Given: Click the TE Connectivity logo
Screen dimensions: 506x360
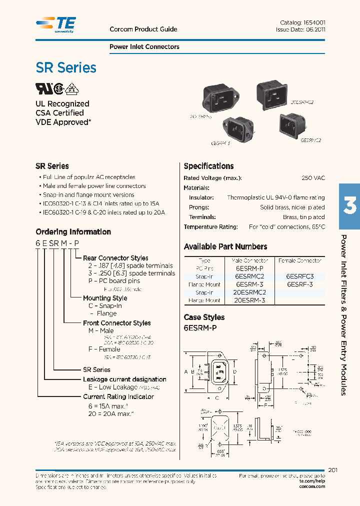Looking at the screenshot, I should click(56, 24).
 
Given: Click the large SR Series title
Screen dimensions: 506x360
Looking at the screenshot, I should click(66, 67).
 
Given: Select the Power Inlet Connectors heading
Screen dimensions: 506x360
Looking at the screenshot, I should click(144, 47).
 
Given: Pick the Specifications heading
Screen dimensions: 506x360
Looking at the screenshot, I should click(208, 166).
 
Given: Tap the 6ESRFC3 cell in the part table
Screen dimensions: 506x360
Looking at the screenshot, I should click(299, 276).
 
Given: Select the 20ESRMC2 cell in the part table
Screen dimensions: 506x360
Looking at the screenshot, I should click(250, 292).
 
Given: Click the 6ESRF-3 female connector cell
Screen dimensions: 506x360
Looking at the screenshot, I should click(299, 284).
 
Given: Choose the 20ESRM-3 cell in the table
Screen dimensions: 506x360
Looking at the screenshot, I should click(250, 300).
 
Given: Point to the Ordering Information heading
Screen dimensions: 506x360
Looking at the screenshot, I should click(73, 232).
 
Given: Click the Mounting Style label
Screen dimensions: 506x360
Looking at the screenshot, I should click(105, 298).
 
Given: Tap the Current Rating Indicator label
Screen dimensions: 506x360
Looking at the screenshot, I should click(118, 396).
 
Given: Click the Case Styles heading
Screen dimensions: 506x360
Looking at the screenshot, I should click(204, 317).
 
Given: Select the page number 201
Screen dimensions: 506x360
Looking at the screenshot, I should click(334, 469).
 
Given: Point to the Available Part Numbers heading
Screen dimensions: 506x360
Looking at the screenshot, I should click(225, 246).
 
